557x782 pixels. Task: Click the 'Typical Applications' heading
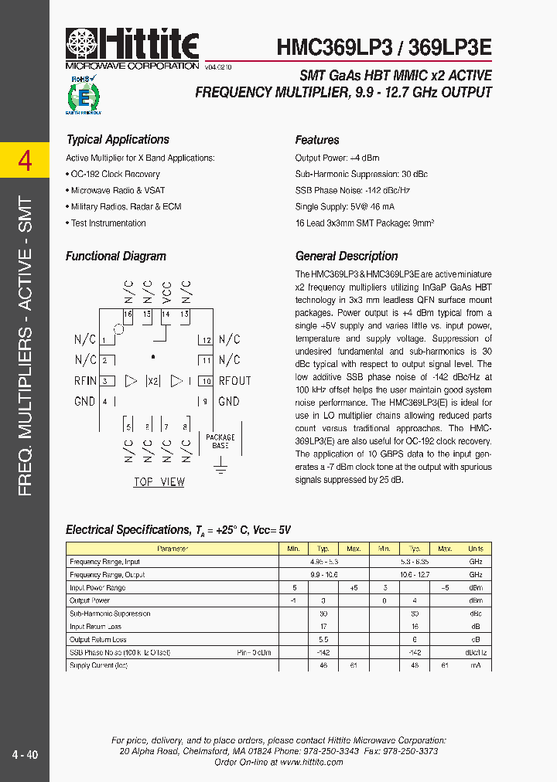[x=118, y=140]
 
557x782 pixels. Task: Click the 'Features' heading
[x=317, y=140]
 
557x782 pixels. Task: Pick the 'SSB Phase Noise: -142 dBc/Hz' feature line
[x=352, y=191]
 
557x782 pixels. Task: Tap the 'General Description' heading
[x=347, y=257]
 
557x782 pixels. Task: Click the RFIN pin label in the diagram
[x=85, y=381]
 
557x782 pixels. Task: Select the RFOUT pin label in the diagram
[x=234, y=381]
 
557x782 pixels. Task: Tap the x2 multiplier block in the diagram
[x=154, y=381]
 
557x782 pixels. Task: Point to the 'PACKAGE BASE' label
[x=220, y=441]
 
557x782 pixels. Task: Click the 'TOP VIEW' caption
[x=159, y=482]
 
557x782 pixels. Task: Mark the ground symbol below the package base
[x=220, y=466]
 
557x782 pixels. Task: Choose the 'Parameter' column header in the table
[x=173, y=549]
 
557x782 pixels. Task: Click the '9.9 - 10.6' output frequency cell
[x=324, y=575]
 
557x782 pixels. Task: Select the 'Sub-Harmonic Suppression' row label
[x=110, y=614]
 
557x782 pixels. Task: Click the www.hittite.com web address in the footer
[x=312, y=762]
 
